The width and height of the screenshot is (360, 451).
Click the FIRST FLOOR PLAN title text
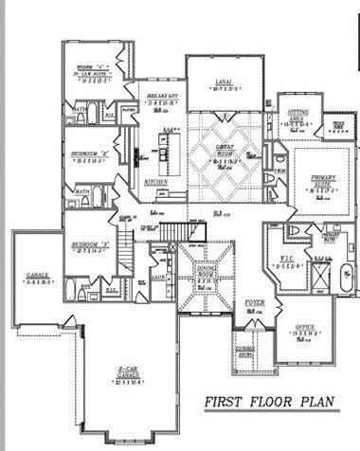tap(268, 402)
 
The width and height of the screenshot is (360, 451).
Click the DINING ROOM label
tap(207, 272)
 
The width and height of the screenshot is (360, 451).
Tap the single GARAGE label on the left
tap(38, 277)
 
